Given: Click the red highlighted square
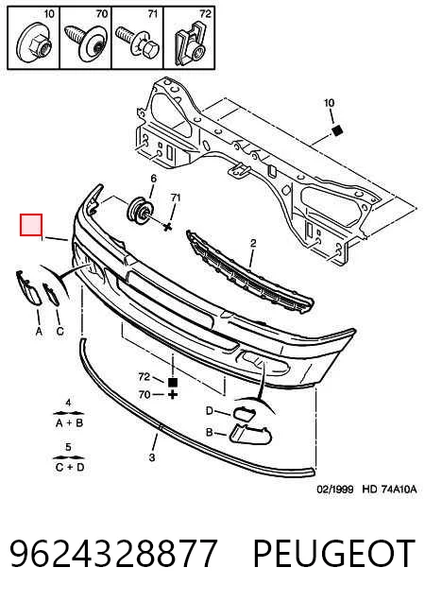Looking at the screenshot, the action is [31, 225].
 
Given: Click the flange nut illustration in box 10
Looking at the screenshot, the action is [34, 43].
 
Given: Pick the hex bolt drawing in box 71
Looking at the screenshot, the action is [138, 43].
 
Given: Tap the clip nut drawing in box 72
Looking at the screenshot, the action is [188, 43].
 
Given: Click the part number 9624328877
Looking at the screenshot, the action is [113, 553].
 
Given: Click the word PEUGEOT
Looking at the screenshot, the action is [334, 553].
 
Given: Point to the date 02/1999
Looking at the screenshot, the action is [335, 490].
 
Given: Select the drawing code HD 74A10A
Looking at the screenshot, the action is [389, 490].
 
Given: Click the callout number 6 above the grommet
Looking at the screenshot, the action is [153, 179].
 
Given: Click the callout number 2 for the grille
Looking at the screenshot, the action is [253, 243].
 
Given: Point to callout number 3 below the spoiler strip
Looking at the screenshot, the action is [152, 457].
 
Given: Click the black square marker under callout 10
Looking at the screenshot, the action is [337, 130].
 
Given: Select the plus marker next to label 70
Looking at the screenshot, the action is [173, 394].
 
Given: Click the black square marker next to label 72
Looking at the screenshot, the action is [173, 382].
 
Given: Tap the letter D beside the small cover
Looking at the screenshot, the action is [209, 411].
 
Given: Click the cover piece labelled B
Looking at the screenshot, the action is [250, 434].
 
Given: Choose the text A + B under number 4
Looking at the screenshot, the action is [70, 423].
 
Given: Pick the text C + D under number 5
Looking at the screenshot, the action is [70, 467].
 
